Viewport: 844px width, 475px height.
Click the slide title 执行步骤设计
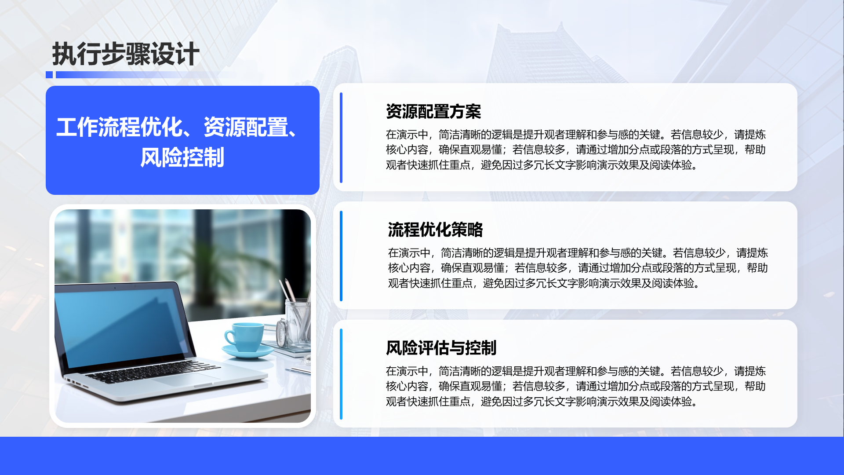(126, 54)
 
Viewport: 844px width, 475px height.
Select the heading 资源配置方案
(433, 112)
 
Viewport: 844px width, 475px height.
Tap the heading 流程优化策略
(435, 230)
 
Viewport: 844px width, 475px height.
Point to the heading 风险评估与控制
(441, 348)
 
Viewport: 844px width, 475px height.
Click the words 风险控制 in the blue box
(182, 157)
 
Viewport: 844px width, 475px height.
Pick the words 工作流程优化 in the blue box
(119, 128)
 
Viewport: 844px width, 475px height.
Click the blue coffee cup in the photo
(243, 337)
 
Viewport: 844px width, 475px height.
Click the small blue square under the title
(49, 75)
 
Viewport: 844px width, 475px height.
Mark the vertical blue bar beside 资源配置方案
(341, 138)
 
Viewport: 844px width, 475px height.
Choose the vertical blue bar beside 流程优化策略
(341, 256)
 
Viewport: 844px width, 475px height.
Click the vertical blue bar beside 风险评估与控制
(341, 374)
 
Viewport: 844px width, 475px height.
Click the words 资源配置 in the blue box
(246, 128)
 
